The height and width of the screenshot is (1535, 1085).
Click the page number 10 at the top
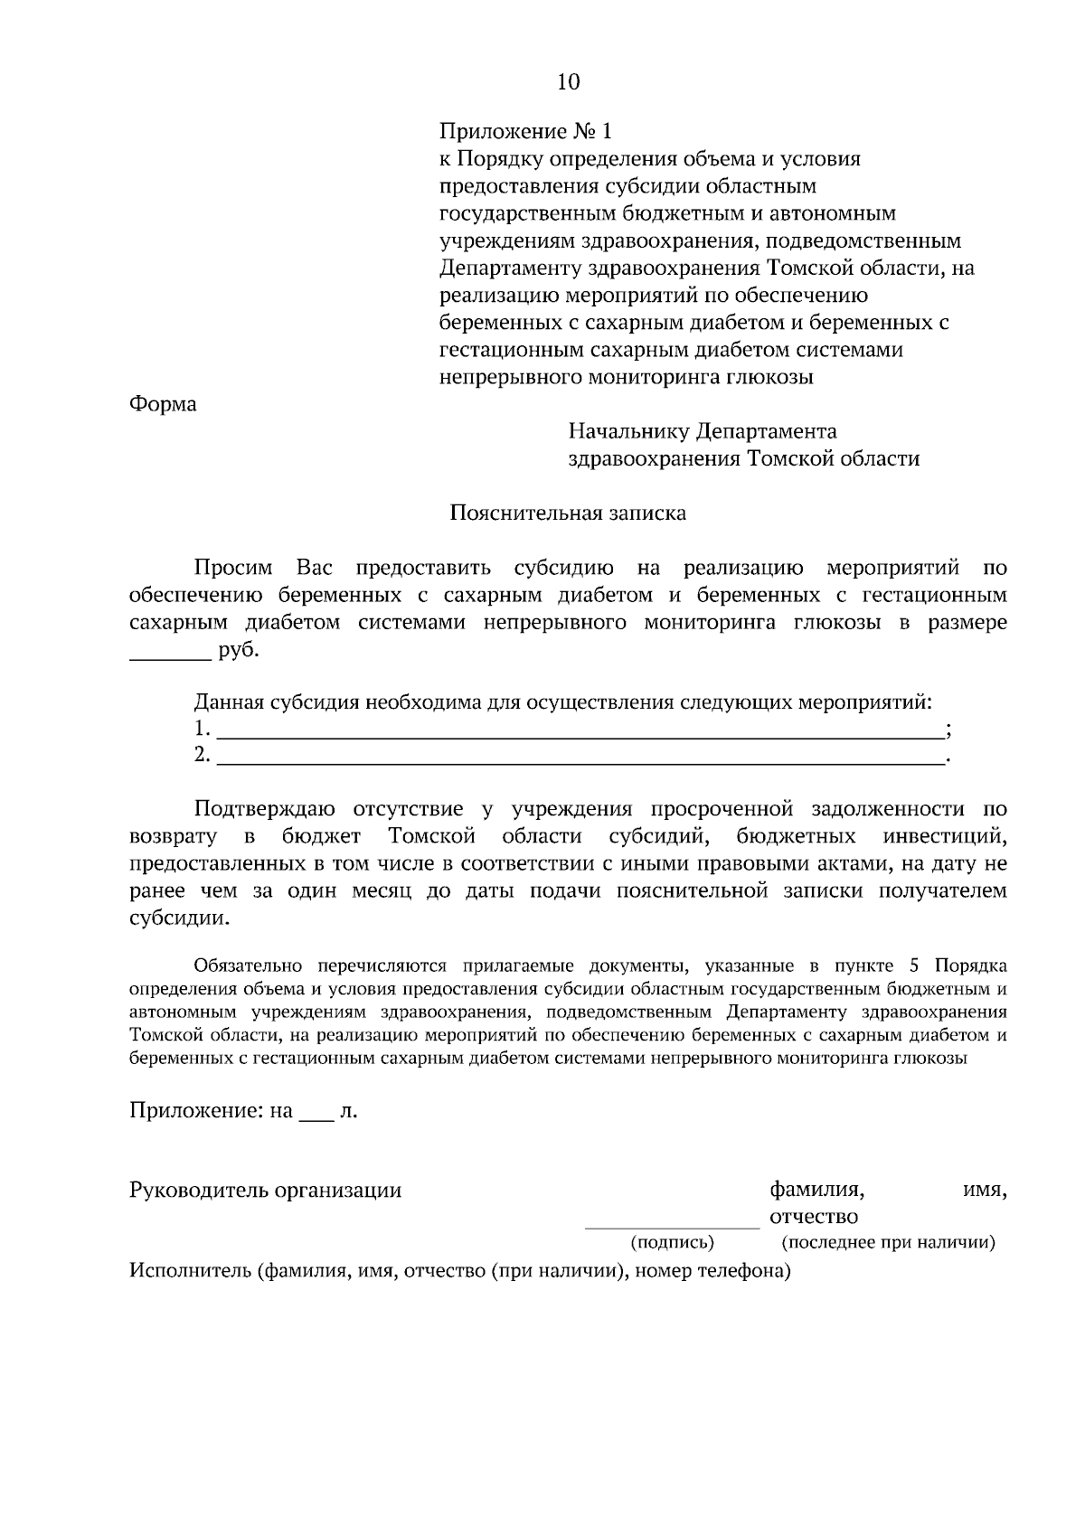pos(568,82)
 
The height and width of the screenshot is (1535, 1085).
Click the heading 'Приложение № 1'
pos(525,132)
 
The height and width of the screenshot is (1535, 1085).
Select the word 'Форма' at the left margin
pos(163,404)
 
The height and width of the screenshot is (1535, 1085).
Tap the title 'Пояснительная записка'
pos(568,513)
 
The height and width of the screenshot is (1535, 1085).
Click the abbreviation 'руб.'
pos(238,651)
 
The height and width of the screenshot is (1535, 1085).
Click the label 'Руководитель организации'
pos(265,1190)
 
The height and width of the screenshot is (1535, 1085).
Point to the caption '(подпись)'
pos(672,1242)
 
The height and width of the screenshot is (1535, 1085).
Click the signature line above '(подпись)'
pos(672,1228)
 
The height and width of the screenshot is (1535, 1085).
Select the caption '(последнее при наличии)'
pos(888,1242)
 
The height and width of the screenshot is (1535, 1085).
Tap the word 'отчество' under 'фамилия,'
pos(814,1217)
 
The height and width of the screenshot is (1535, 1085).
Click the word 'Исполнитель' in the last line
pos(189,1272)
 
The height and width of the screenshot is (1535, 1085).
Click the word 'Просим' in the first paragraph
pos(232,569)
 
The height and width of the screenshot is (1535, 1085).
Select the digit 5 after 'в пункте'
pos(915,965)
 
